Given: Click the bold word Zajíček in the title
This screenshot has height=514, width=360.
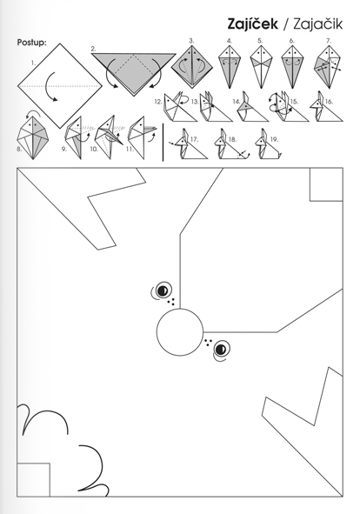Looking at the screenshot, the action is click(253, 24).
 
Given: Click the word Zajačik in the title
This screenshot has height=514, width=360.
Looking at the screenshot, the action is click(317, 24).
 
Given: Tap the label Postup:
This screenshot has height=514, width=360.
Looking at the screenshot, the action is click(32, 43).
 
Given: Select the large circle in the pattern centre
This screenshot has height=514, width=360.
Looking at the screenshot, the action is click(180, 332).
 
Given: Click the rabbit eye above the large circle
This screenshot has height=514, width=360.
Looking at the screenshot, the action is click(163, 290).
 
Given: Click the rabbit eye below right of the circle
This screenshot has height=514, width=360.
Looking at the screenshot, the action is click(221, 349).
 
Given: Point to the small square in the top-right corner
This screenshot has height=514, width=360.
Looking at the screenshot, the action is click(327, 184).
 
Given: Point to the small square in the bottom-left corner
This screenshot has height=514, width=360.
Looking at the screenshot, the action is click(33, 479).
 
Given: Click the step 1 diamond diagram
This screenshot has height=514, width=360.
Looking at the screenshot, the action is click(60, 86).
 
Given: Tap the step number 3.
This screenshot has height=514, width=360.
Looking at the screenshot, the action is click(191, 41).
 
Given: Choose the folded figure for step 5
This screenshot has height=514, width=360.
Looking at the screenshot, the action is click(261, 67).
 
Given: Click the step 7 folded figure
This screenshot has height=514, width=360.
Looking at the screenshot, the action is click(328, 67).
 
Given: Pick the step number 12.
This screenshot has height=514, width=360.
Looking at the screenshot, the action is click(158, 102).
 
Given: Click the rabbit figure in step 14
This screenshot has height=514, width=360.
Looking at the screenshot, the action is click(252, 106).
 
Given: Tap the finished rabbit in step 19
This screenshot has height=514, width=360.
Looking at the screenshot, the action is click(268, 144).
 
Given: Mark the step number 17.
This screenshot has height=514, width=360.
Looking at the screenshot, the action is click(194, 140).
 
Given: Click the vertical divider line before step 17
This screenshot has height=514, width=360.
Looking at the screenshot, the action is click(163, 143).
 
